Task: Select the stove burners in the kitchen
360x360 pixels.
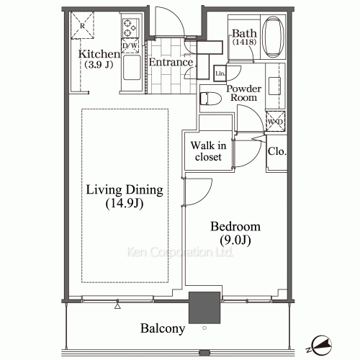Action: pyautogui.click(x=130, y=28)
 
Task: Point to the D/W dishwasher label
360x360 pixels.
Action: pyautogui.click(x=130, y=47)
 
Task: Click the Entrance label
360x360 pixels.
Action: pyautogui.click(x=170, y=63)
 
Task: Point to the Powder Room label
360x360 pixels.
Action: pyautogui.click(x=243, y=93)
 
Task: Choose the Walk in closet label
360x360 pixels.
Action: pyautogui.click(x=208, y=150)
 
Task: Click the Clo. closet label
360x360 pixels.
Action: pyautogui.click(x=276, y=152)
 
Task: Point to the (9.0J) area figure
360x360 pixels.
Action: pyautogui.click(x=236, y=240)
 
